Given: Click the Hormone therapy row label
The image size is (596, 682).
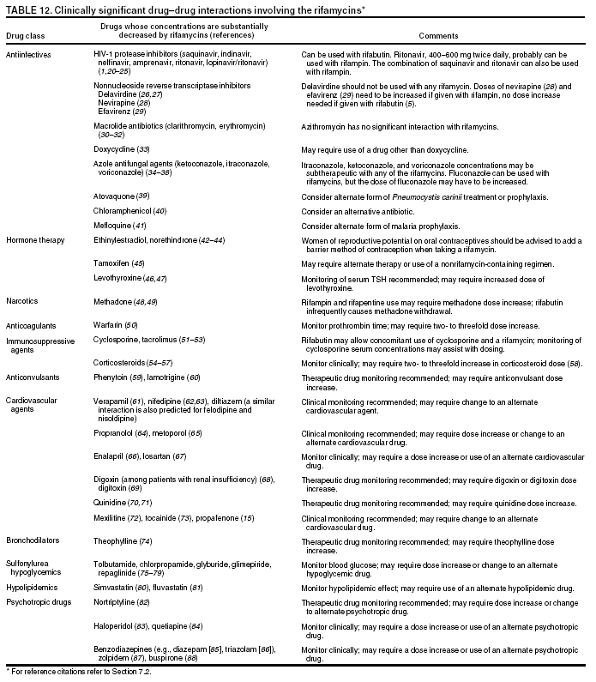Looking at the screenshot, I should pos(35,240).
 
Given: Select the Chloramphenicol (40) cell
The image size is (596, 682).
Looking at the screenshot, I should pos(129,211).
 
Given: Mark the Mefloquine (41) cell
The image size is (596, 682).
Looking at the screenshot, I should pos(120,225).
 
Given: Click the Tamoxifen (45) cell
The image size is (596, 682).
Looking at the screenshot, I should pos(119,263).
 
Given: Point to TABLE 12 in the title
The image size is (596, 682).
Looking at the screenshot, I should pos(27,8).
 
